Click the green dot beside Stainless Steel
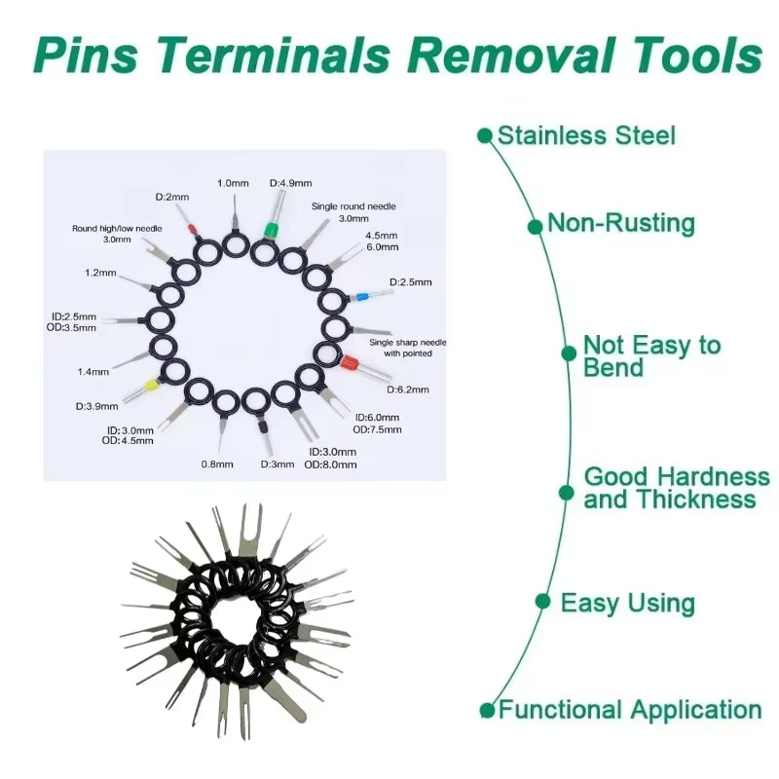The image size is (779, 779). point(485,135)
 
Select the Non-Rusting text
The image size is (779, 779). point(621,223)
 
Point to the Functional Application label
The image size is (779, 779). point(629,710)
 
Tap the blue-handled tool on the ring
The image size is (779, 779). point(361,293)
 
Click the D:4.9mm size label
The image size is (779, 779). point(290,183)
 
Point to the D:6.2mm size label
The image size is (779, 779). point(408,389)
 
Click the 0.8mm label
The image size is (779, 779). point(217,464)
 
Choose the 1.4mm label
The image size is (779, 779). point(93,371)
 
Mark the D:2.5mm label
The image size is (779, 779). point(410,282)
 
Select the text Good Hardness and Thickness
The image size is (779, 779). point(676,488)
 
